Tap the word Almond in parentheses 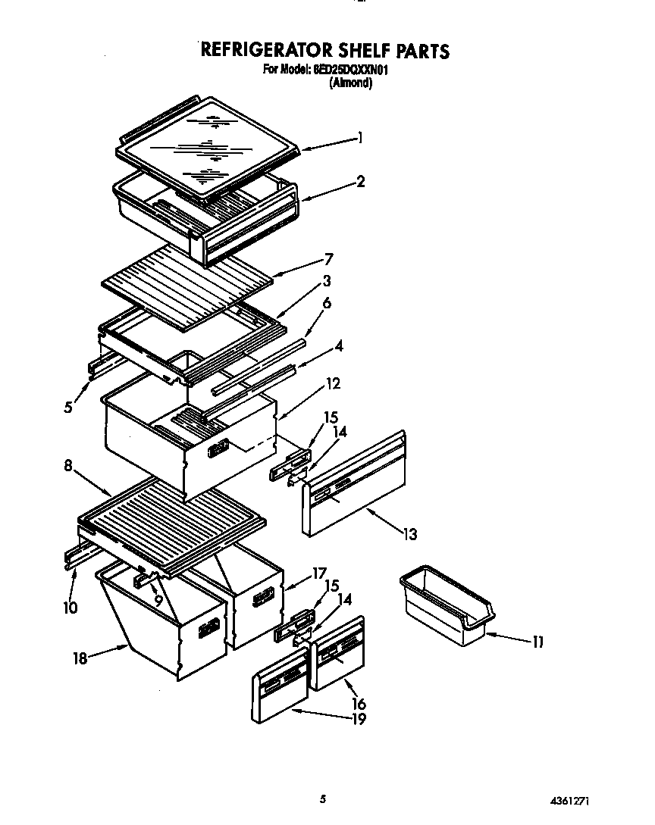[350, 83]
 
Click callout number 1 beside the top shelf [360, 138]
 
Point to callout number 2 [361, 181]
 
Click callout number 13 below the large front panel [409, 534]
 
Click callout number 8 [68, 466]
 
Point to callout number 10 [71, 607]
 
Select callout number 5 [68, 407]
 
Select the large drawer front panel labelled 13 [355, 485]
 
